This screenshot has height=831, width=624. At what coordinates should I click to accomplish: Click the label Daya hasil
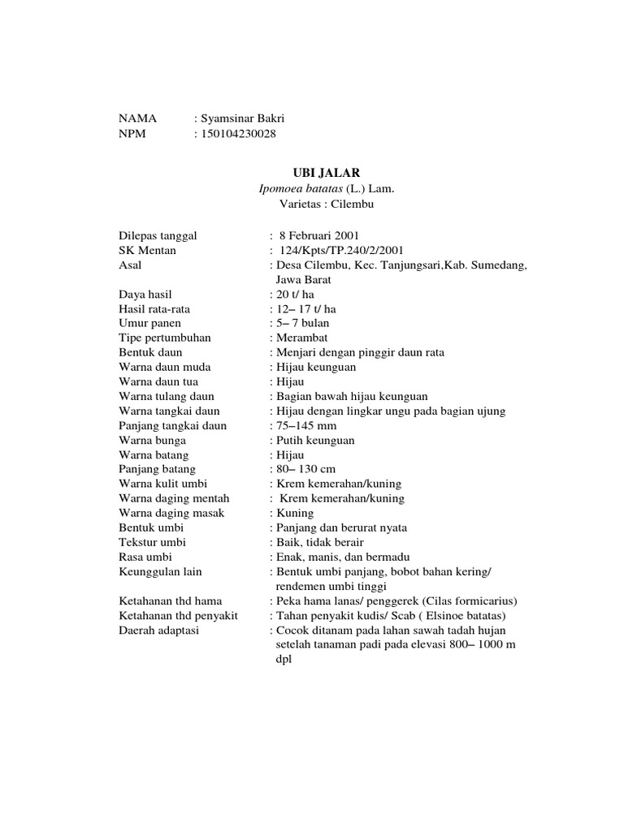click(x=145, y=294)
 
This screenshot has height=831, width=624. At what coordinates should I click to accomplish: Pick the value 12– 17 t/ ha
click(x=305, y=308)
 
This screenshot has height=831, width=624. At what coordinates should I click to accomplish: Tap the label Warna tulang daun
click(x=167, y=396)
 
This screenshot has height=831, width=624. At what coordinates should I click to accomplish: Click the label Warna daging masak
click(x=171, y=513)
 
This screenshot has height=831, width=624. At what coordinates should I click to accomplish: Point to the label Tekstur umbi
click(x=152, y=542)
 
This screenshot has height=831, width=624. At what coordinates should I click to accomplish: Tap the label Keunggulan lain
click(x=160, y=571)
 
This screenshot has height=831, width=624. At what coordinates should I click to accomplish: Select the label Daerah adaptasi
click(x=159, y=630)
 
